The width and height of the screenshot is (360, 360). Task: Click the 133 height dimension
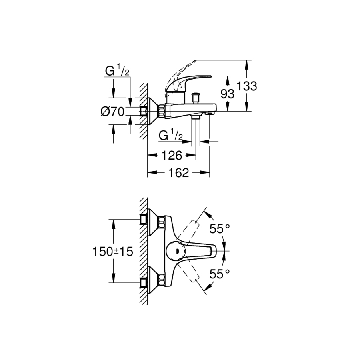(x=246, y=86)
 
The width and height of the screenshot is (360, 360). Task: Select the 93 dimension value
(x=227, y=94)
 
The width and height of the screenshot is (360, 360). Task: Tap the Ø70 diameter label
(x=112, y=112)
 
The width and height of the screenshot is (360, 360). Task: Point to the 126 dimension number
(x=172, y=156)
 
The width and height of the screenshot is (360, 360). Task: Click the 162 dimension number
(x=178, y=173)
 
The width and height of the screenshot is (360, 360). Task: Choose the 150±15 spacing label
(x=112, y=252)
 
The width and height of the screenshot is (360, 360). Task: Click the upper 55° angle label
(x=220, y=229)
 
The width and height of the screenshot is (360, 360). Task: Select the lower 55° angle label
(x=220, y=274)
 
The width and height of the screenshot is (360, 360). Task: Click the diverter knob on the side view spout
(x=196, y=98)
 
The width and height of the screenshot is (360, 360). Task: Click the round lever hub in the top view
(x=176, y=251)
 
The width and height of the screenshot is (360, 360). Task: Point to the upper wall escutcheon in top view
(x=152, y=222)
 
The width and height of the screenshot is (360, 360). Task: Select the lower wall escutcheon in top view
(x=152, y=280)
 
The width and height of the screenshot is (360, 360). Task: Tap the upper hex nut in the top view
(x=161, y=222)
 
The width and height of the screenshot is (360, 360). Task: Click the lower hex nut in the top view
(x=161, y=280)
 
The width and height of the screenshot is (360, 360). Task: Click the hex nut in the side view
(x=161, y=112)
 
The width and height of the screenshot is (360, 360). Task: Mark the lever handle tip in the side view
(x=210, y=76)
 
